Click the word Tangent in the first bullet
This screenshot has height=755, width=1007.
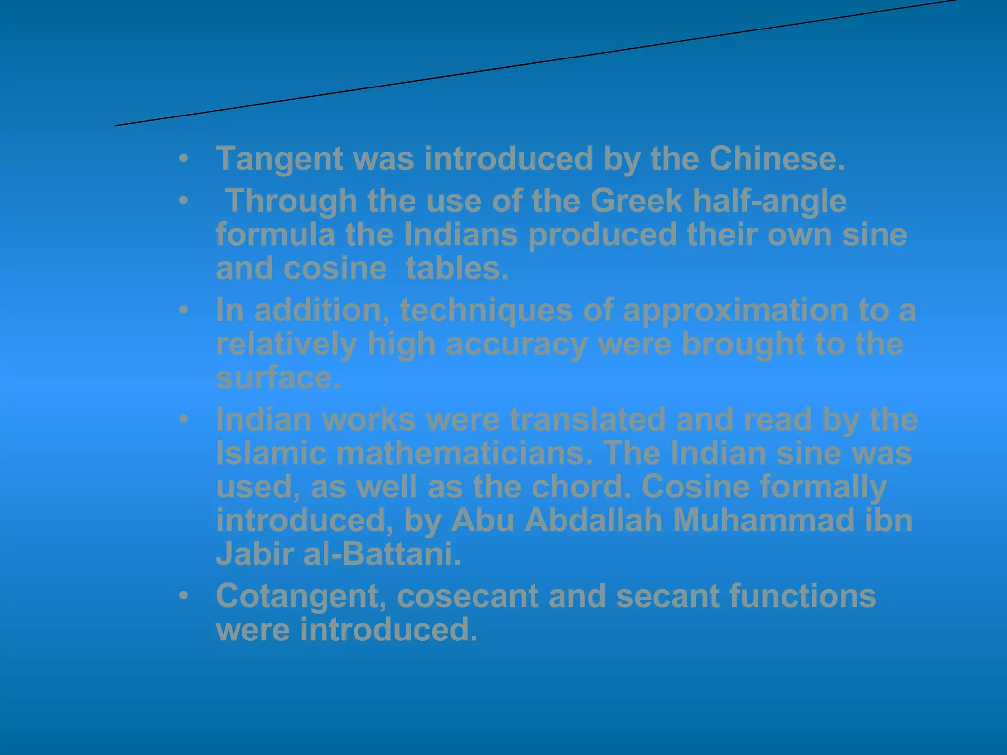pos(279,159)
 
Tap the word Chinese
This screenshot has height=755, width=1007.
pos(777,158)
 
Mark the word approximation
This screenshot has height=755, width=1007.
pos(736,311)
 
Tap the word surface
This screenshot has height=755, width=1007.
pos(278,377)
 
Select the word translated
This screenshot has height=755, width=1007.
pos(588,420)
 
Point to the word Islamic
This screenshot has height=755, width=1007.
pos(271,453)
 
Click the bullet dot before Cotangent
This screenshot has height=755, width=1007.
pos(183,596)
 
